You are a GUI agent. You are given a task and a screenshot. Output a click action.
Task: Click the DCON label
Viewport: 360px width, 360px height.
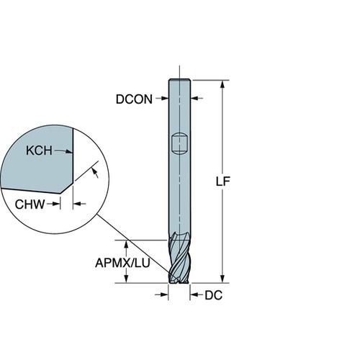point(134,99)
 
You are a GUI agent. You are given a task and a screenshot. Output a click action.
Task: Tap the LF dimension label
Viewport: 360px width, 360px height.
point(223,181)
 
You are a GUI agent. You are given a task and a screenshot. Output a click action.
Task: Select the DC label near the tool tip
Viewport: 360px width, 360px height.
point(213,295)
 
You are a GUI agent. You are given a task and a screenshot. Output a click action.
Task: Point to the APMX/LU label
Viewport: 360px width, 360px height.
point(122,263)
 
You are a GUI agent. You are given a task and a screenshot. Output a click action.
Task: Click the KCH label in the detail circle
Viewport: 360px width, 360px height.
point(39,150)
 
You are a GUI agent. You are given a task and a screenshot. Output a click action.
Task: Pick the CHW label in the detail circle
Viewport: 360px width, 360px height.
point(30,204)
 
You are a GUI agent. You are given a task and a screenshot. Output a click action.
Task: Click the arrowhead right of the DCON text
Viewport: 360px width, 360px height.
point(165,98)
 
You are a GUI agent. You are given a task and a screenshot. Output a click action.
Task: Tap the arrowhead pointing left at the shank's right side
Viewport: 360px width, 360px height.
point(194,98)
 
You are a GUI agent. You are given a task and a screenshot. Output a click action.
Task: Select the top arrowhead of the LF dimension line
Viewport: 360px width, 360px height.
point(223,84)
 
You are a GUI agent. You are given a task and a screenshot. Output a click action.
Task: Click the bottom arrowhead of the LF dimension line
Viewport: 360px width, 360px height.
point(223,279)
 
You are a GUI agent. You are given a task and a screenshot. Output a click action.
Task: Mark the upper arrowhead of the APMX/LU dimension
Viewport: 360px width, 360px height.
point(126,244)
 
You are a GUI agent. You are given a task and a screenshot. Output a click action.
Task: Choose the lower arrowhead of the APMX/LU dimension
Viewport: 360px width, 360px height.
point(126,279)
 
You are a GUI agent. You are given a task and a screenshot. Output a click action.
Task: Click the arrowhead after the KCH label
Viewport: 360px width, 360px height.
point(70,151)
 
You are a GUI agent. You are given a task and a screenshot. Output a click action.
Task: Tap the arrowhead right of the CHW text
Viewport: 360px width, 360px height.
point(57,204)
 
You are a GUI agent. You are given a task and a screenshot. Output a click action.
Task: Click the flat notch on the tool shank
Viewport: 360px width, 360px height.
point(179,144)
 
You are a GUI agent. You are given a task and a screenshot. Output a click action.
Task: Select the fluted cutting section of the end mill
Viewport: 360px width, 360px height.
point(179,258)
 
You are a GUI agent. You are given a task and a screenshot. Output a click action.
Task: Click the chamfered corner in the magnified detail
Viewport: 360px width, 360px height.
point(66,189)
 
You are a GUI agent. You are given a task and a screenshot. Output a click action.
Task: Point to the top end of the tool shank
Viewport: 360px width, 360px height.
point(179,80)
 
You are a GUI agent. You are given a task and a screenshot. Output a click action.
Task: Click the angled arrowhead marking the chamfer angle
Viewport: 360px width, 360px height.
point(95,171)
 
